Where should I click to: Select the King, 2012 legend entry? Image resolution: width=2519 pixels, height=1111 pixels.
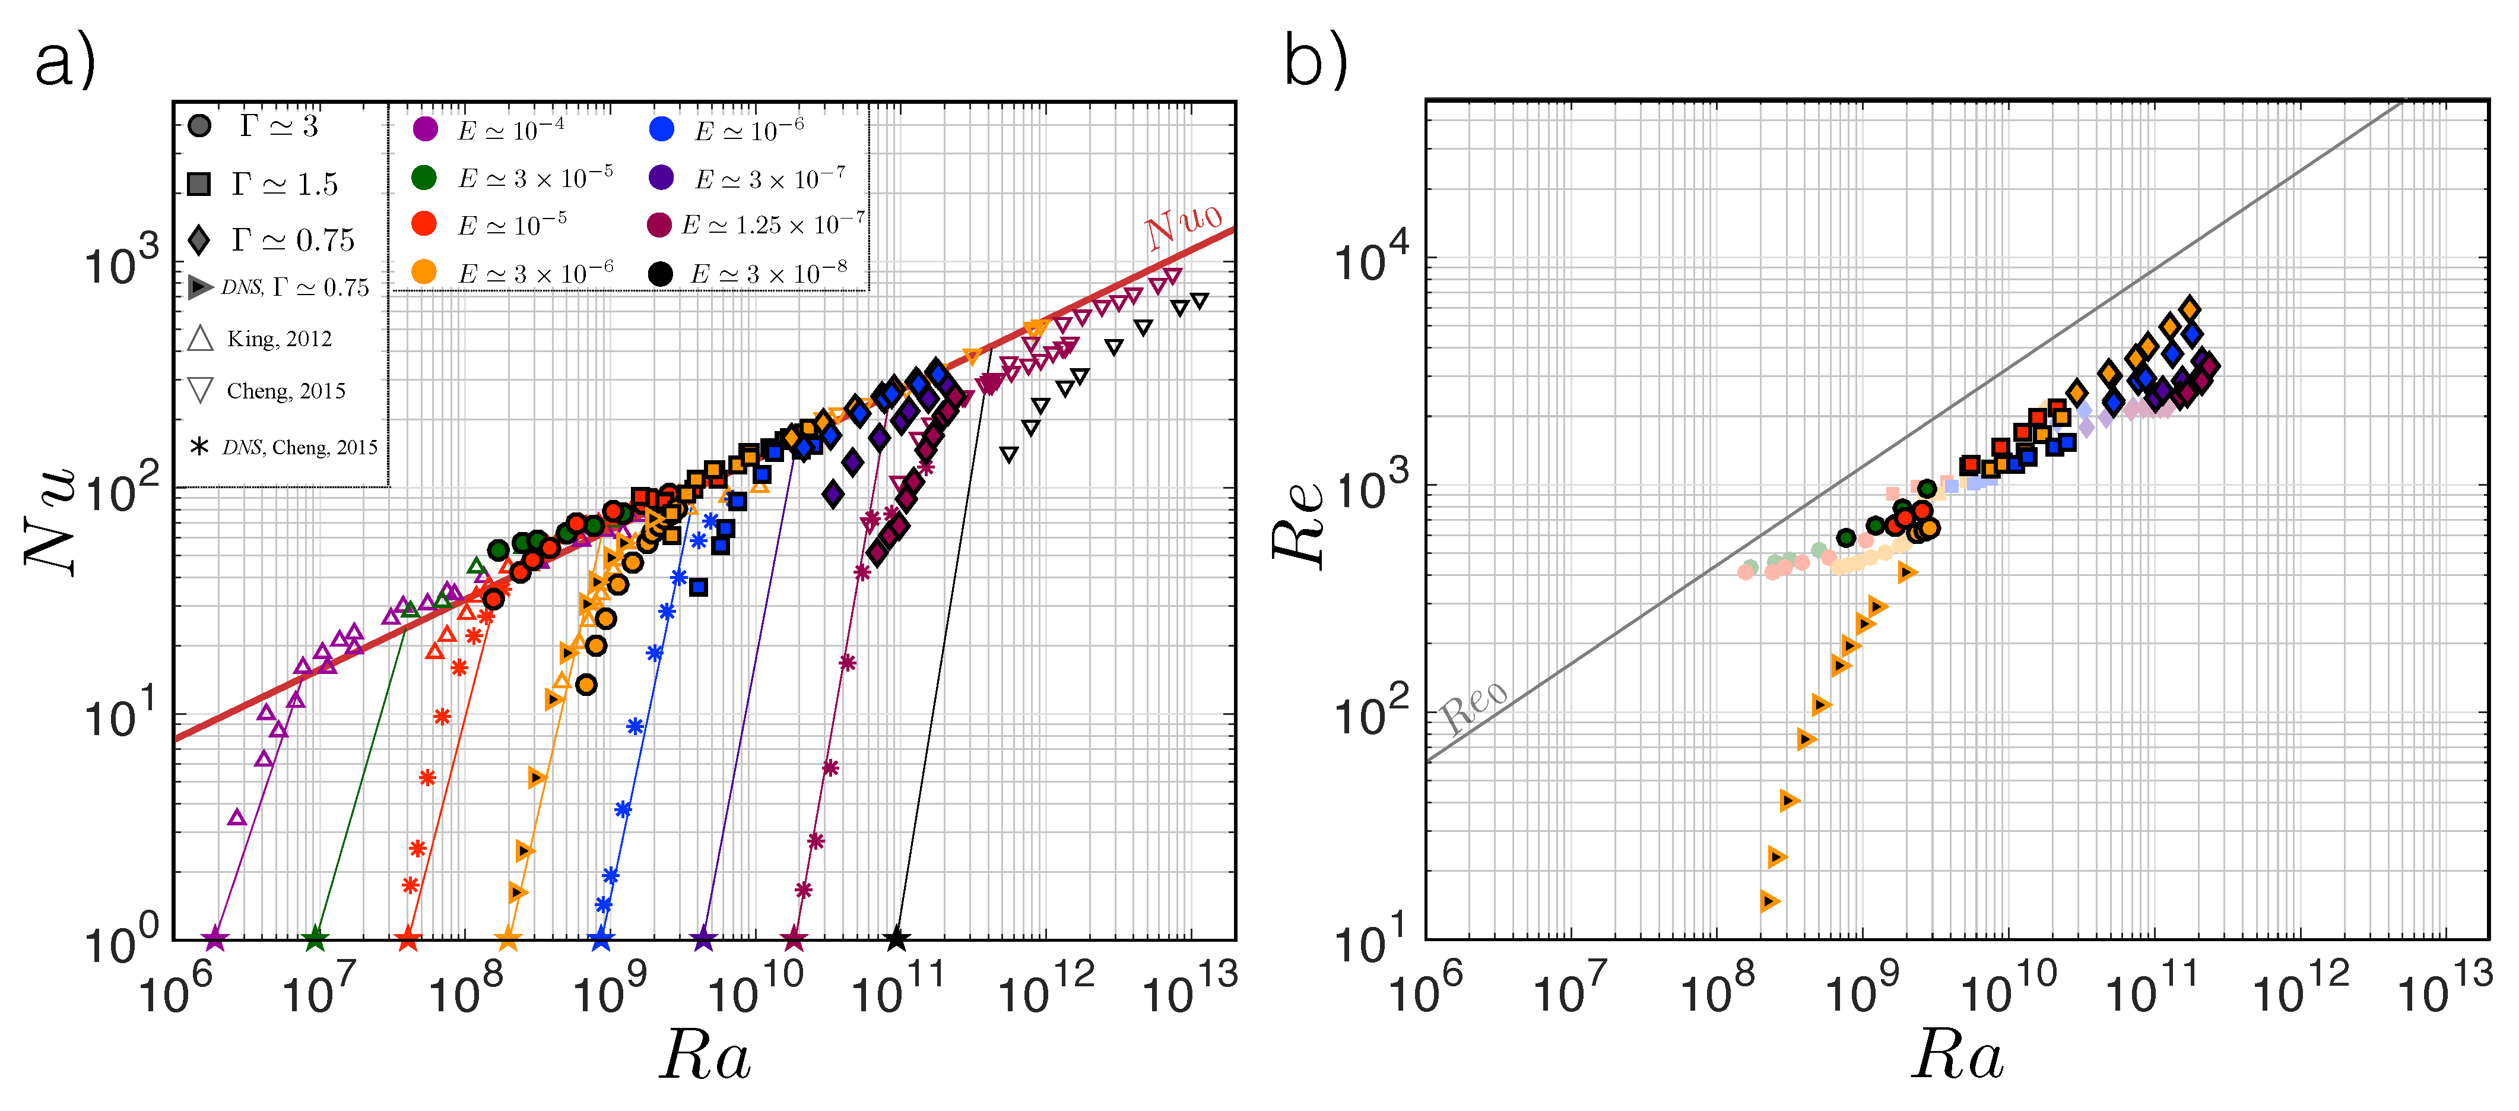pos(279,340)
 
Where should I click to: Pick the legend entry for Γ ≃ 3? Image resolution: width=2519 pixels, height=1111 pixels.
pos(279,126)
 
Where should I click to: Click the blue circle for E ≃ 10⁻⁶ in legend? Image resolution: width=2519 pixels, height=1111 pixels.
pos(662,129)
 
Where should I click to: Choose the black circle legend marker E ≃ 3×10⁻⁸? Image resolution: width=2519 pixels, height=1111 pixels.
pos(661,274)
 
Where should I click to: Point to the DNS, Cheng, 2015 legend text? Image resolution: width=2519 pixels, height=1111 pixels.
pos(299,447)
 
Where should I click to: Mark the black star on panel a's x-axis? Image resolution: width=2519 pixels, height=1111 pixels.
pos(897,940)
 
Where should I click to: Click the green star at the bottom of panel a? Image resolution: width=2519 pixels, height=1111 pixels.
pos(315,940)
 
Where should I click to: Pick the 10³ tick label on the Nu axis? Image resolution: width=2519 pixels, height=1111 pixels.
pos(121,264)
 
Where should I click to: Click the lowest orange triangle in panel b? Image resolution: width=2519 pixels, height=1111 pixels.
pos(1769,901)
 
